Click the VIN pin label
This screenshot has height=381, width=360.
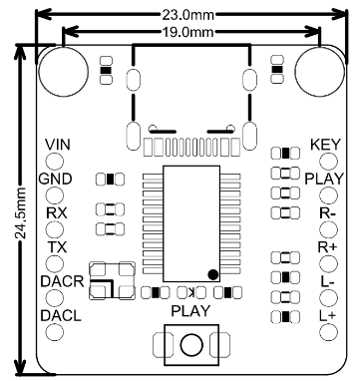[58, 146]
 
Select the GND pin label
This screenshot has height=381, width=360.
[54, 179]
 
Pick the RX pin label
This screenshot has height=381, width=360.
[56, 212]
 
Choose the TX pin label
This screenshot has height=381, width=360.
[57, 246]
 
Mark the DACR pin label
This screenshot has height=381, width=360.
[56, 281]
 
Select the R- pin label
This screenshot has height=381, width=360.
[327, 212]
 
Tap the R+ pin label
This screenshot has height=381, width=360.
[327, 246]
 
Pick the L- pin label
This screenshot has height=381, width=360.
[327, 281]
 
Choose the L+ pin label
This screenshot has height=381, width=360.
[327, 315]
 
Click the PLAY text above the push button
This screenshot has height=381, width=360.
[190, 311]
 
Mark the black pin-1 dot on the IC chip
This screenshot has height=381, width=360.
[212, 273]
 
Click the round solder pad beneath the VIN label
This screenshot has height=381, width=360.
[56, 162]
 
